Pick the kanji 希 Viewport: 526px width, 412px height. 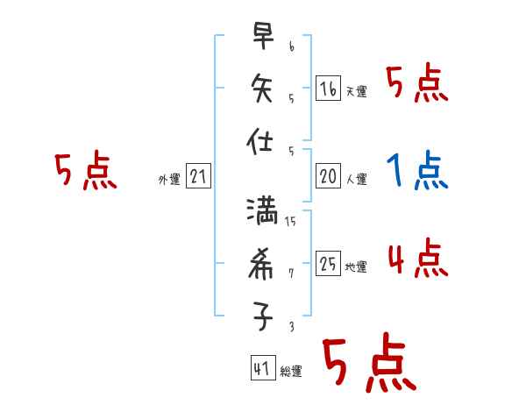click(x=263, y=265)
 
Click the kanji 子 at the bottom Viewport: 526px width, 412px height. click(x=263, y=317)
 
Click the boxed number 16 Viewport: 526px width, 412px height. click(x=328, y=89)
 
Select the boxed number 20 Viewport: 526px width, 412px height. click(x=328, y=176)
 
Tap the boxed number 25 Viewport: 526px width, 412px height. click(x=328, y=263)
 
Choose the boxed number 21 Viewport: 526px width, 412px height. click(x=198, y=176)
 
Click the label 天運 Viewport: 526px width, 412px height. click(x=357, y=91)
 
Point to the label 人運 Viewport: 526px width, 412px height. click(x=357, y=179)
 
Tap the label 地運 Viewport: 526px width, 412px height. click(x=357, y=266)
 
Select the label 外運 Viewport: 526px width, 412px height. click(x=169, y=179)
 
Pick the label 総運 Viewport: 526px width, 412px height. click(x=290, y=372)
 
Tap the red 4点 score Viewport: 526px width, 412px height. click(x=417, y=259)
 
